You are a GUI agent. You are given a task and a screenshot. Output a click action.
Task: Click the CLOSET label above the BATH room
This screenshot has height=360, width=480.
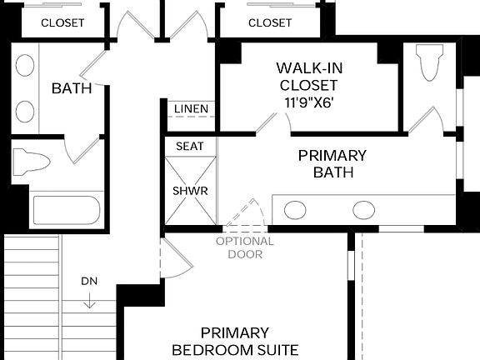62,22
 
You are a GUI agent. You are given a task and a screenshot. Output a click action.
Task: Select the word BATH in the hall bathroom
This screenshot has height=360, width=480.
71,88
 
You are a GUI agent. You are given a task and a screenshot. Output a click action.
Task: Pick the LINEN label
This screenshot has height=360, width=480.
192,109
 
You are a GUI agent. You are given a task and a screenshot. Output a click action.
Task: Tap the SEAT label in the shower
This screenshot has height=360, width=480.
189,146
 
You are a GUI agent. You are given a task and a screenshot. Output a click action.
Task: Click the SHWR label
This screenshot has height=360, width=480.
189,190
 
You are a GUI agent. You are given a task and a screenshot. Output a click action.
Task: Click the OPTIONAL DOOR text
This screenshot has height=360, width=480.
245,247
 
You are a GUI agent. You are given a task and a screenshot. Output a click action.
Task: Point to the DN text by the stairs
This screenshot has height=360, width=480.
89,281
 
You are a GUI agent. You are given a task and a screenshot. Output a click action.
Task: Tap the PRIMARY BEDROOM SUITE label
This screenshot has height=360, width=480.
234,341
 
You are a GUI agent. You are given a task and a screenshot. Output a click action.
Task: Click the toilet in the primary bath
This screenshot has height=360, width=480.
429,64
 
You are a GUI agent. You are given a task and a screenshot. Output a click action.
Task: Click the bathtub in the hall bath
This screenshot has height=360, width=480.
67,208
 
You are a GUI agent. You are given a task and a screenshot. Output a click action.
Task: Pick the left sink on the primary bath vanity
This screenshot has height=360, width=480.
296,210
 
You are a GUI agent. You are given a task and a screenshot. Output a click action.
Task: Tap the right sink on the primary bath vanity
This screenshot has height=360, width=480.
363,210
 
